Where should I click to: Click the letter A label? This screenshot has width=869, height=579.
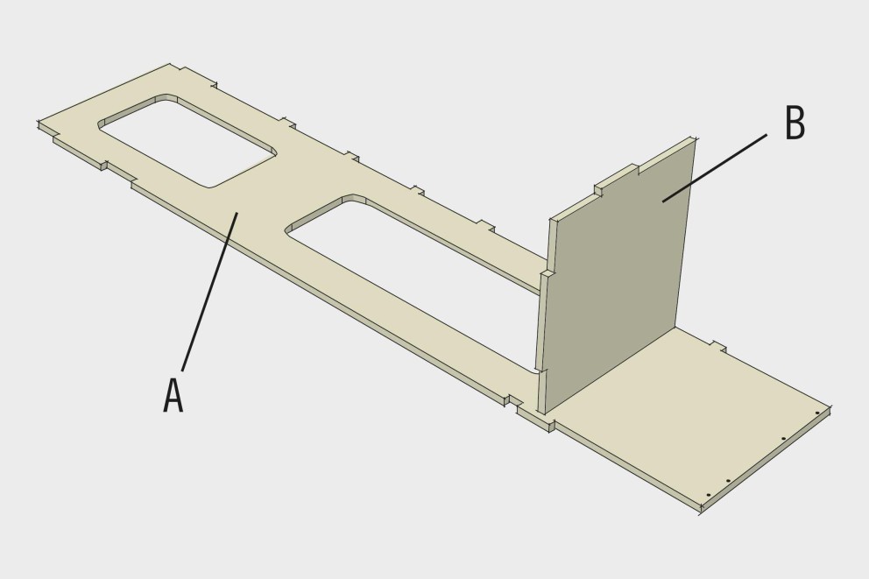[173, 395]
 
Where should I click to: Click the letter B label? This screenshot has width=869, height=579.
[795, 123]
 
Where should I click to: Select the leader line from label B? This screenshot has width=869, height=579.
[715, 168]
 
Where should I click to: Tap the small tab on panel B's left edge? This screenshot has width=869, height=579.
[546, 273]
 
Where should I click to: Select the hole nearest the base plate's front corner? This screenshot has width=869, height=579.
[709, 495]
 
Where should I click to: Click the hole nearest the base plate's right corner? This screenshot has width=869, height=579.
[817, 413]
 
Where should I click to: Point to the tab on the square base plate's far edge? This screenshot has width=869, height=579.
[719, 346]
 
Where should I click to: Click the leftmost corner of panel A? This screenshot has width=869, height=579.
[39, 123]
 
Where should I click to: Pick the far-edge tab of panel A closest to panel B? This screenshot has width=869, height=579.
[485, 225]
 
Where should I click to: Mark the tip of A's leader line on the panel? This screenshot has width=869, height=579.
[237, 212]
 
